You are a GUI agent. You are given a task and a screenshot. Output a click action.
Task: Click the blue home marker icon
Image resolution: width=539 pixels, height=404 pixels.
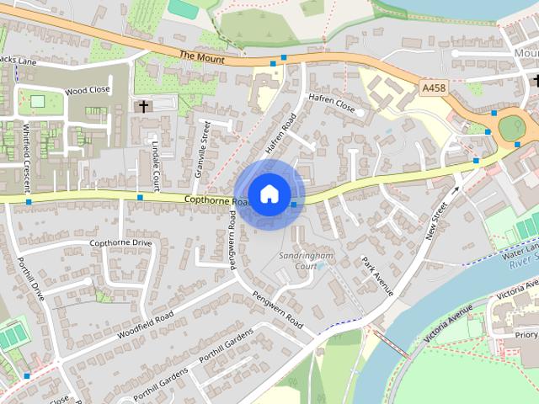click(269, 194)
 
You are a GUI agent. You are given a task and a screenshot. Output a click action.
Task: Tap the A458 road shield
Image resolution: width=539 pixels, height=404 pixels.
click(434, 87)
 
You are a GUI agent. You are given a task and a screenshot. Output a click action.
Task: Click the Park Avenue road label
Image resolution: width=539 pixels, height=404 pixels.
click(378, 274)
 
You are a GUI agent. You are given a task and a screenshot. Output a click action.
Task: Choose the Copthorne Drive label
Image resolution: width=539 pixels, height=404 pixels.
click(120, 243)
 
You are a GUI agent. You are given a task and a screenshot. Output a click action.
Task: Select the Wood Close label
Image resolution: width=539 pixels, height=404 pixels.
click(88, 90)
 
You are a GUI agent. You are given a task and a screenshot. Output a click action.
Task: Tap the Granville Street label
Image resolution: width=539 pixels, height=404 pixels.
click(203, 146)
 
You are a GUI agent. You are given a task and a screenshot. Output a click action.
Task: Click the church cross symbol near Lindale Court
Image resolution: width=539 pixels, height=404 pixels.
click(143, 107)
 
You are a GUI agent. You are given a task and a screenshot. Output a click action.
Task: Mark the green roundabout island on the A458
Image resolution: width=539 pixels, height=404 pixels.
click(512, 128)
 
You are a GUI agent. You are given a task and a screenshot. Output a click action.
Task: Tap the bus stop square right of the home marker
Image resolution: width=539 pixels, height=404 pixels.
click(293, 205)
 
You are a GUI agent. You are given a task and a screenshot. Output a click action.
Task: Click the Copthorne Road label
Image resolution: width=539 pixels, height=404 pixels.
click(217, 200)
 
